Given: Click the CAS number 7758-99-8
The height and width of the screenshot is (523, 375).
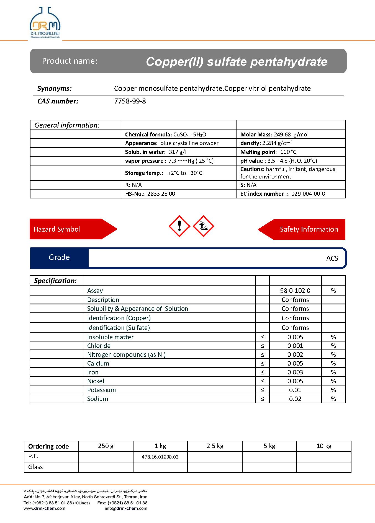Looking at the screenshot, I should pyautogui.click(x=130, y=101).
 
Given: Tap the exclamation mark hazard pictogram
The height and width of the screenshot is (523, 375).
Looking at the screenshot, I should pyautogui.click(x=179, y=226).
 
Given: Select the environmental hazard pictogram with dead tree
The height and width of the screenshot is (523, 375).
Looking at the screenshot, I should pyautogui.click(x=203, y=226).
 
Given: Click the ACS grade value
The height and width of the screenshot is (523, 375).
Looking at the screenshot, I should pyautogui.click(x=332, y=258).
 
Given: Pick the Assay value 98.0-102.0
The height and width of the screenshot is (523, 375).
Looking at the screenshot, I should pyautogui.click(x=295, y=291).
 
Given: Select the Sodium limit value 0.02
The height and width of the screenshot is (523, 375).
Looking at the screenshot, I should pyautogui.click(x=295, y=399).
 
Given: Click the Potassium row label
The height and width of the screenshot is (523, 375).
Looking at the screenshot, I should pyautogui.click(x=101, y=390).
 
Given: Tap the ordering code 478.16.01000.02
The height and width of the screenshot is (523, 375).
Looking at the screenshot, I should pyautogui.click(x=160, y=457).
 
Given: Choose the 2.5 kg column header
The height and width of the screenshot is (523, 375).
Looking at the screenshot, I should pyautogui.click(x=215, y=446).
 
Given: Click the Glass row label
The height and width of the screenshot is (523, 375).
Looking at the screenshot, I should pyautogui.click(x=35, y=467).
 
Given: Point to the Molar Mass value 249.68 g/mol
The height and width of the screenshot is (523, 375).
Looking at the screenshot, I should pyautogui.click(x=291, y=134).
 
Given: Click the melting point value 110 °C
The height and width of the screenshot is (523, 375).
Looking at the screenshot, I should pyautogui.click(x=288, y=152).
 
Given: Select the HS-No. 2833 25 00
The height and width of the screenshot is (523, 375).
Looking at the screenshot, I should pyautogui.click(x=161, y=194).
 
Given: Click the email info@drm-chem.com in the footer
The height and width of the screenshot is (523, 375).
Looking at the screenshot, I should pyautogui.click(x=126, y=508).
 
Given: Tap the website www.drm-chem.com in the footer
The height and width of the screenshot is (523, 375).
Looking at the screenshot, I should pyautogui.click(x=45, y=508).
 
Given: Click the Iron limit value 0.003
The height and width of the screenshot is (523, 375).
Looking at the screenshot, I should pyautogui.click(x=295, y=372).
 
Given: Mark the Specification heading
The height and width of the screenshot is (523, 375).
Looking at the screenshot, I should pyautogui.click(x=55, y=281).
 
